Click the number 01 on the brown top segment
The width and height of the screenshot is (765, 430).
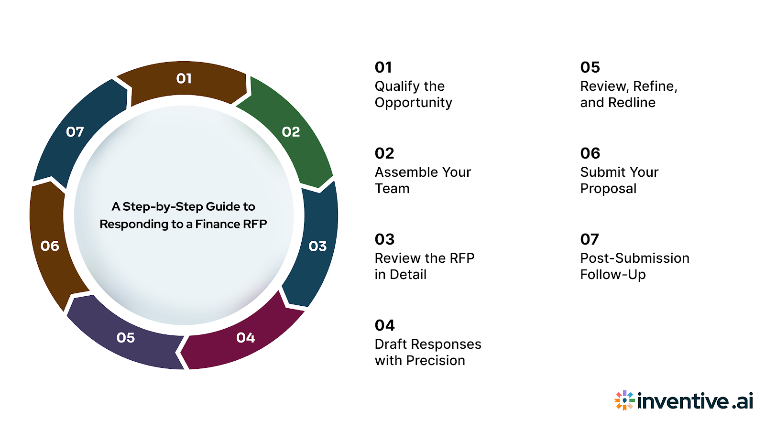[x=184, y=78]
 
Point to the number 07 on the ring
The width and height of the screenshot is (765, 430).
[x=75, y=132]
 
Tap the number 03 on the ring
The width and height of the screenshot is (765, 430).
[x=317, y=247]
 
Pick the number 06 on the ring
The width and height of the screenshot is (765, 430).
[x=50, y=246]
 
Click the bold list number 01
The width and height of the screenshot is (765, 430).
[x=383, y=67]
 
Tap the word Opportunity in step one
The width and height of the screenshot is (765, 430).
[x=414, y=103]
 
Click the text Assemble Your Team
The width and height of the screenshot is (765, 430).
[x=423, y=180]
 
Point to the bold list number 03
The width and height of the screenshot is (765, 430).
[x=384, y=239]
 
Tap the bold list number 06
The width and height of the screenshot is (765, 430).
[x=590, y=153]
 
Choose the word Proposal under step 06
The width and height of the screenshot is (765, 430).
[x=608, y=189]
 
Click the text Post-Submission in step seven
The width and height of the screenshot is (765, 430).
[x=634, y=258]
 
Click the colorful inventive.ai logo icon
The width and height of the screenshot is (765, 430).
[x=624, y=400]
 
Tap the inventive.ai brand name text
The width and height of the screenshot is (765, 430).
[x=695, y=401]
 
